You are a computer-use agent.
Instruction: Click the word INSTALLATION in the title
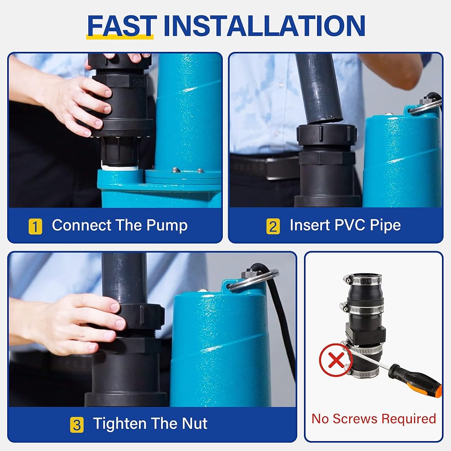coord(264,26)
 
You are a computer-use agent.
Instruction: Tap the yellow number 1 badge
coord(35,226)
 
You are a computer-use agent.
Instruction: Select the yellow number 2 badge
coord(273,226)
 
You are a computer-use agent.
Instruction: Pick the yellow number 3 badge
coord(77,425)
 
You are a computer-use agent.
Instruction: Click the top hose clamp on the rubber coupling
coord(363,280)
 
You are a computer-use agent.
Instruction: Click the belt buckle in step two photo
coord(277,169)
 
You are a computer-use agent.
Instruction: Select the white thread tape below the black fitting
coord(120,167)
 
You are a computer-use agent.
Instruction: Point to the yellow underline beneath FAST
coord(120,37)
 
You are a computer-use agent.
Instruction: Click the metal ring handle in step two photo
coord(425,106)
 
